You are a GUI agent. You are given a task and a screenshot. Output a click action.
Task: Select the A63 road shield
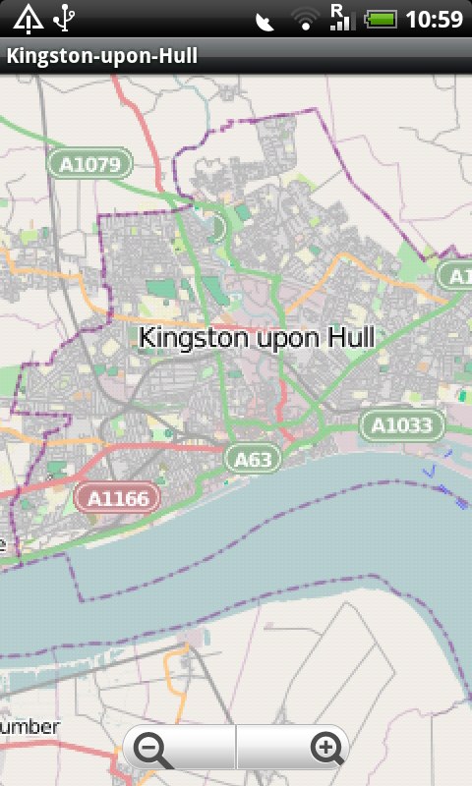click(254, 458)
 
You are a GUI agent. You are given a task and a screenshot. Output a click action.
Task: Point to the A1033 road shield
click(402, 425)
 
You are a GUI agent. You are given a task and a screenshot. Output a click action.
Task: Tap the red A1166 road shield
click(118, 498)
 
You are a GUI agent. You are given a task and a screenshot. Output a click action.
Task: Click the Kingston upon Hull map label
click(257, 337)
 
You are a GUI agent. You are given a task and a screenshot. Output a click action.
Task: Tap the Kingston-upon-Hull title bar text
click(102, 56)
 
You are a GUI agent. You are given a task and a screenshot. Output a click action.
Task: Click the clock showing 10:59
click(434, 19)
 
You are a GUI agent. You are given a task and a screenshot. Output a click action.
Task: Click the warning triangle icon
click(27, 18)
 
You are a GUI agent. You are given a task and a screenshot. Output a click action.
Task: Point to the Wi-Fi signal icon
click(306, 19)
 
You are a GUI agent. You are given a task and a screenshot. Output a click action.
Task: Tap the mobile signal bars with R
click(340, 17)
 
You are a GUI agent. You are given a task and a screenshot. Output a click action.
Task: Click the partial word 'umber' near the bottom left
click(29, 727)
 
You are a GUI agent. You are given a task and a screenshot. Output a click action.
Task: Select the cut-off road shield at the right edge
click(456, 276)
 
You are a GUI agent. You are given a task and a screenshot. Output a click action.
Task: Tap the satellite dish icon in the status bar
click(265, 21)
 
